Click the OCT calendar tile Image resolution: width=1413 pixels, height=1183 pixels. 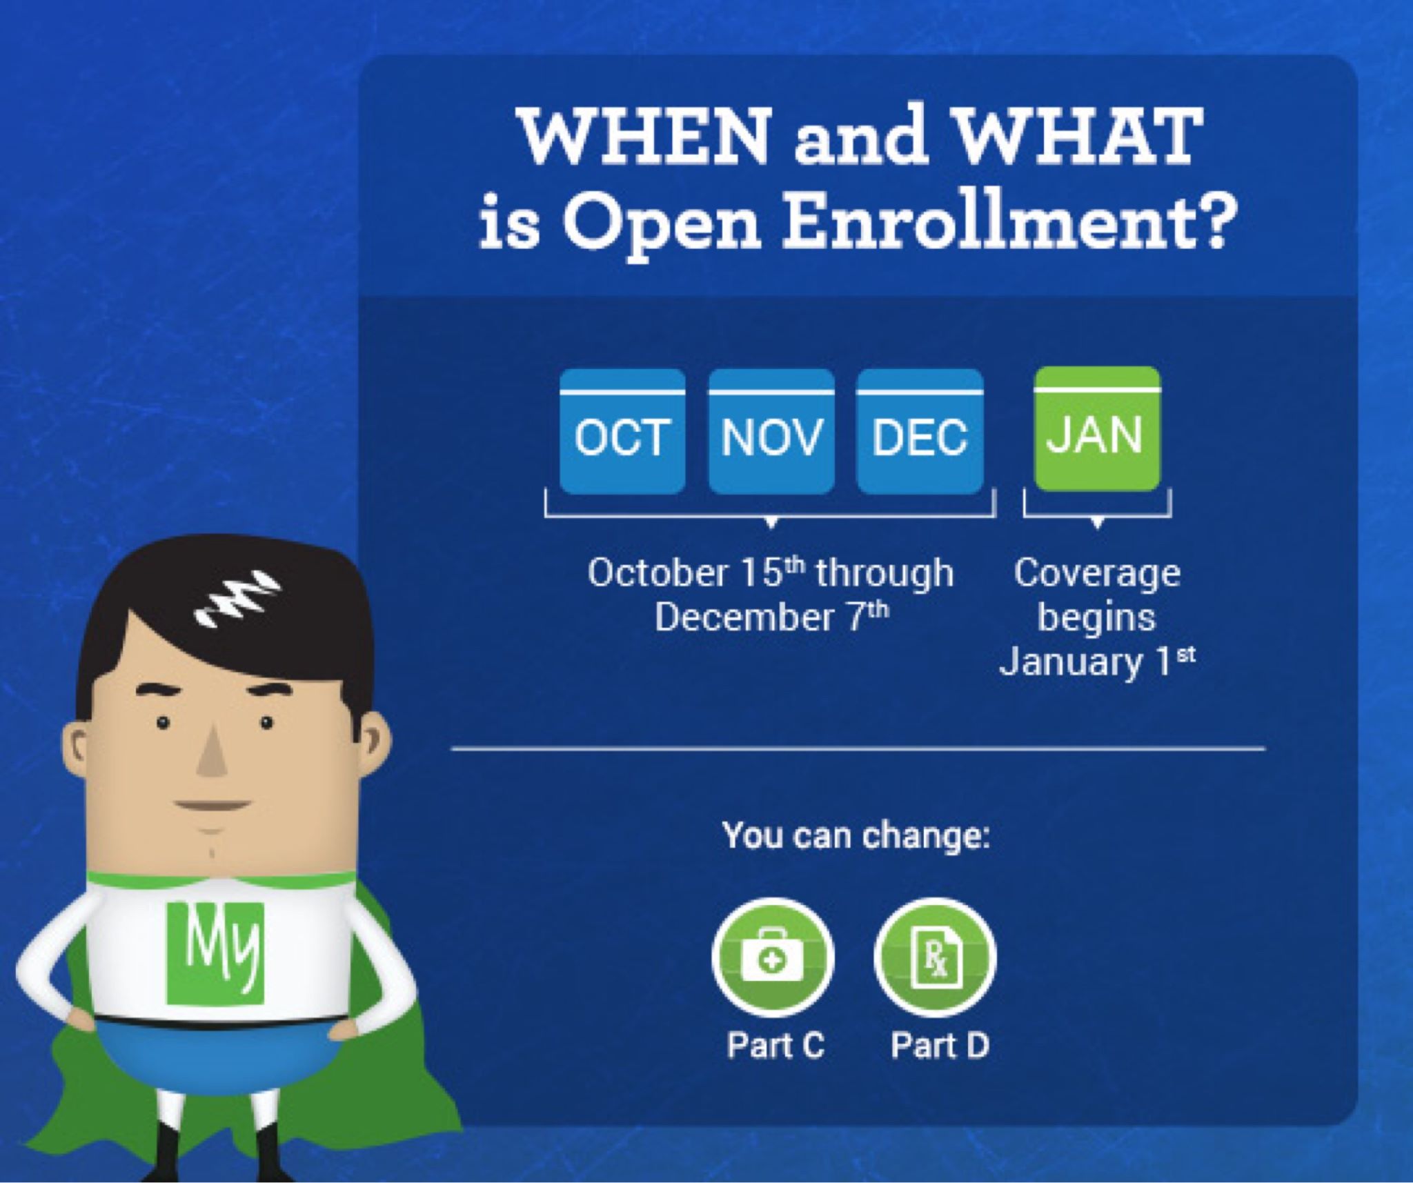point(622,431)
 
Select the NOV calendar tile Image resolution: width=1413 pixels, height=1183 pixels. point(771,431)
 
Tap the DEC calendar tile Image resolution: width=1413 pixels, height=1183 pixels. point(920,431)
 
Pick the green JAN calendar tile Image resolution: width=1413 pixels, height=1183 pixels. point(1098,428)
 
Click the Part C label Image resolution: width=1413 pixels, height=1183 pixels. point(775,1045)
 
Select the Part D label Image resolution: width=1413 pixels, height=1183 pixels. point(940,1045)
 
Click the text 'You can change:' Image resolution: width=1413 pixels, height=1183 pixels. point(856,836)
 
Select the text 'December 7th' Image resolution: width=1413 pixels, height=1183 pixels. point(772,617)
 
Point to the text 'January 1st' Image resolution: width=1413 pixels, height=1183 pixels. point(1097,661)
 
